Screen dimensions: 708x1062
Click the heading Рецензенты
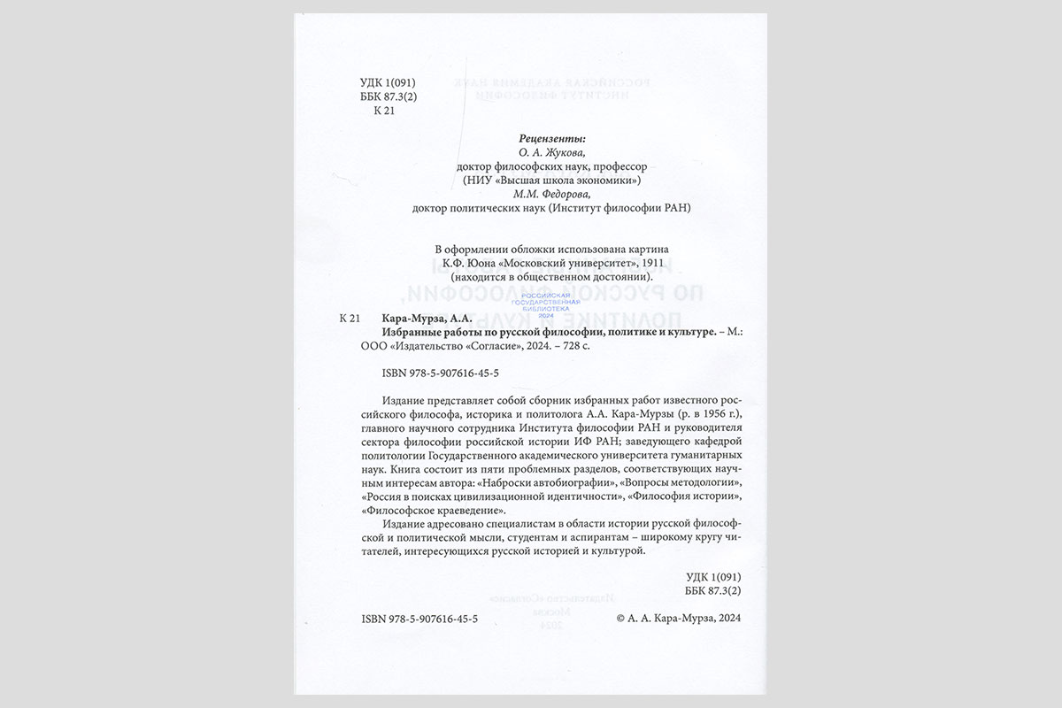550,138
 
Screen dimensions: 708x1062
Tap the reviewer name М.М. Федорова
550,194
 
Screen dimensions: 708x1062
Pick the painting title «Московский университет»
589,263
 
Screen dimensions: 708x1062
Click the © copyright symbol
620,620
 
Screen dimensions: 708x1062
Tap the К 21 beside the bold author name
350,318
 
